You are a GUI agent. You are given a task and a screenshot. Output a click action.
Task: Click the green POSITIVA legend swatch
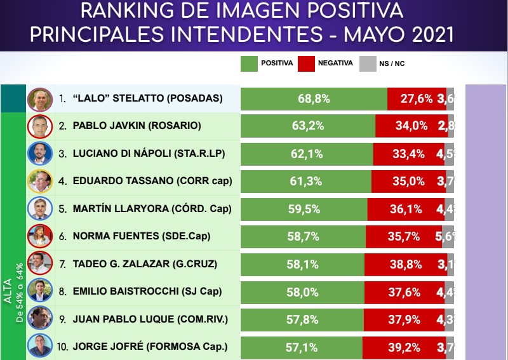click(x=250, y=63)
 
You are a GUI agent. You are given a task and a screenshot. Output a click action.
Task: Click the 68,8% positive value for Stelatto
click(x=313, y=99)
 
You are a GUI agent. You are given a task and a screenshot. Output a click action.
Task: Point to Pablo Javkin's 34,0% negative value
click(x=411, y=126)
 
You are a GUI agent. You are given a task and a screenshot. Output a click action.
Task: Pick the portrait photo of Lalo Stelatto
click(x=39, y=99)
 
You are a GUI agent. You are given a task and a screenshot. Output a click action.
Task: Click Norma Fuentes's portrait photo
click(x=39, y=237)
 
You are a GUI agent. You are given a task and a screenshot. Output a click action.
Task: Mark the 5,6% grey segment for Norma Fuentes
click(x=448, y=237)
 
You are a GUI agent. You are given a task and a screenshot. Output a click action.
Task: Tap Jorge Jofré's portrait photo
click(x=39, y=347)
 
